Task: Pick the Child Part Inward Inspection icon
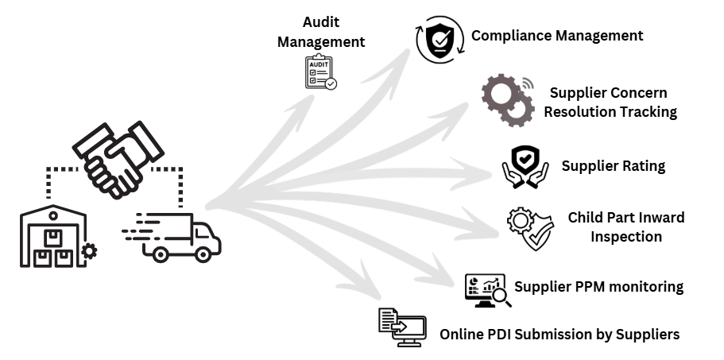click(530, 228)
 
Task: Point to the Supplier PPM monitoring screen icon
click(485, 290)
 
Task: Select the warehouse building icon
click(53, 237)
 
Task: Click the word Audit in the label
click(321, 21)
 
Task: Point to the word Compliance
click(509, 36)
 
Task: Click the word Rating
click(643, 166)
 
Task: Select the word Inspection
click(626, 237)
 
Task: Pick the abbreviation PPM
click(588, 287)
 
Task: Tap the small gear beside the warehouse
click(90, 251)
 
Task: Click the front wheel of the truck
click(204, 254)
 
